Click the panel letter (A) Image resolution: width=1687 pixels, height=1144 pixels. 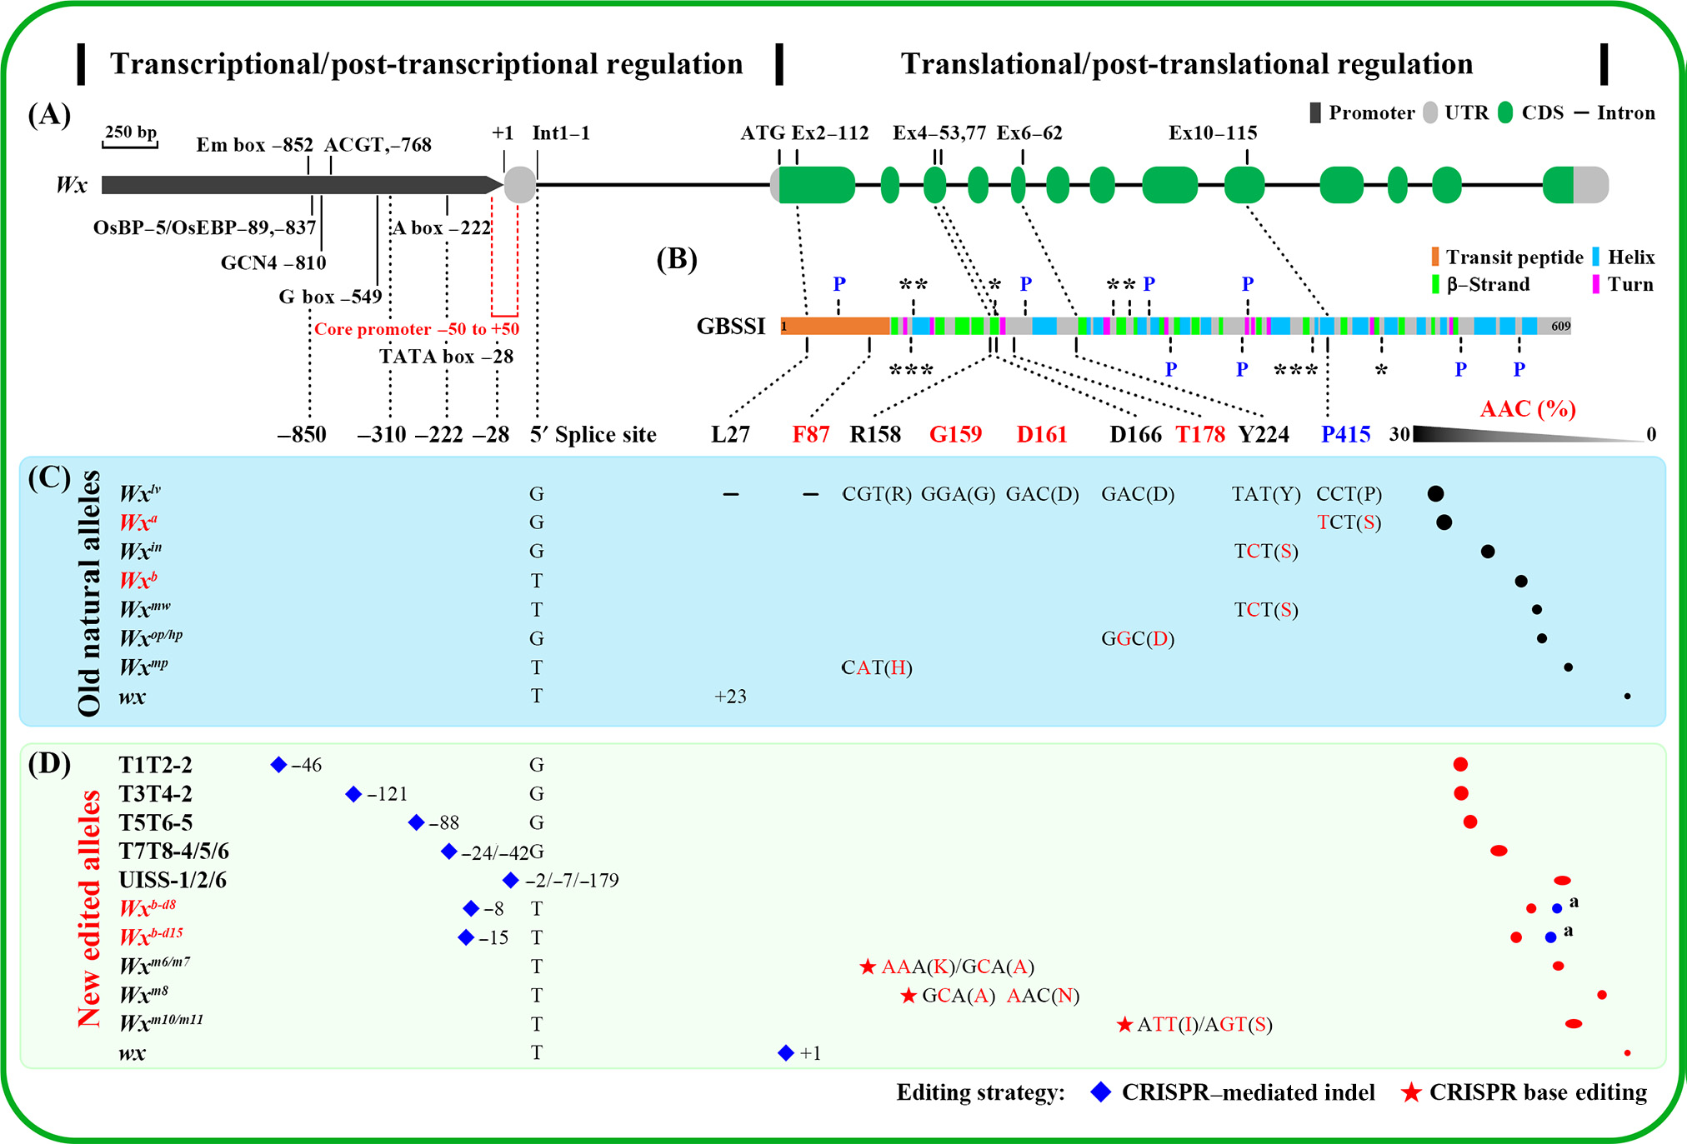[x=49, y=114]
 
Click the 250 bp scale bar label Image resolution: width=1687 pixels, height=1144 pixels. [x=131, y=132]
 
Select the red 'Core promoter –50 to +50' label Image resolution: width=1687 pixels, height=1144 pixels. [x=417, y=329]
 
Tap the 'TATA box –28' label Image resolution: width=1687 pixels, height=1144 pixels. [x=446, y=357]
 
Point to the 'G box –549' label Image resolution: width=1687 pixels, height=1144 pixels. [x=330, y=297]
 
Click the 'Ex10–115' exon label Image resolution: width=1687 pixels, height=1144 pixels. [x=1213, y=133]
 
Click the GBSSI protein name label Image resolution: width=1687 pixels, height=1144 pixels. [x=731, y=326]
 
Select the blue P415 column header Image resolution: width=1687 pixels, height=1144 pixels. [x=1345, y=434]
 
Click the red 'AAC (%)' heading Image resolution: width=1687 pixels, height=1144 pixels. [x=1528, y=408]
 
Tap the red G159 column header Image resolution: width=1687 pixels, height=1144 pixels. [x=955, y=434]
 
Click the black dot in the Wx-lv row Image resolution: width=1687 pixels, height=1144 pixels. [x=1435, y=493]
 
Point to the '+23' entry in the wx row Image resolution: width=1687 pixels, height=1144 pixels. [x=730, y=697]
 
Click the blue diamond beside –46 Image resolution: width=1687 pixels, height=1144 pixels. [x=278, y=764]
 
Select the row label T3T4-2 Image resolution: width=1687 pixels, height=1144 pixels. [x=155, y=793]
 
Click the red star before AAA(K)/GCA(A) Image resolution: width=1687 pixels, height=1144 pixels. [x=868, y=967]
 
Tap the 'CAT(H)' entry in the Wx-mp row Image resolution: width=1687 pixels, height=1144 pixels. [x=877, y=667]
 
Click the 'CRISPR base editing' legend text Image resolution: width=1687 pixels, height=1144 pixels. [x=1538, y=1092]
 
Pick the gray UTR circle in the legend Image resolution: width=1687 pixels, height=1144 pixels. [x=1430, y=113]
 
